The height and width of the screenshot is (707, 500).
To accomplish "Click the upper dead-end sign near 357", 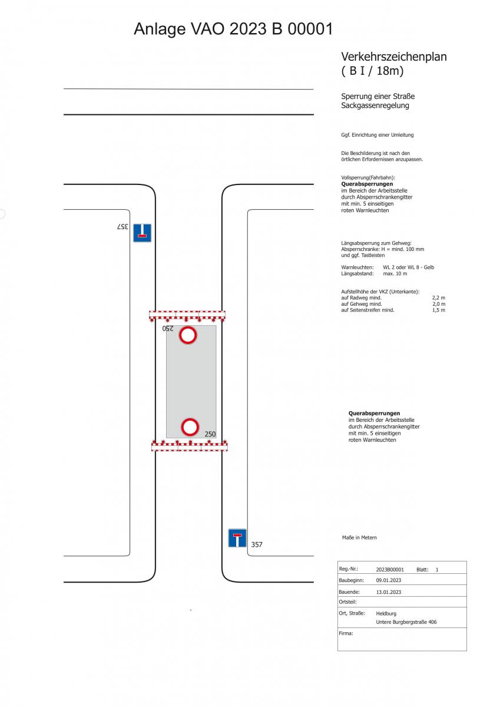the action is [142, 233].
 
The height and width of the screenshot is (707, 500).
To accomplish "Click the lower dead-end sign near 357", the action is [237, 538].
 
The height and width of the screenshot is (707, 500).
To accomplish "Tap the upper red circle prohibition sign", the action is [188, 335].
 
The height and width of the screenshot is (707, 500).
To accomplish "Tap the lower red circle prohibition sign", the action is [190, 427].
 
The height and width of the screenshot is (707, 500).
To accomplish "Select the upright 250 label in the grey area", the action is [210, 434].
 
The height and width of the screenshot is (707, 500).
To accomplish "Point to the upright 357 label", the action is [256, 544].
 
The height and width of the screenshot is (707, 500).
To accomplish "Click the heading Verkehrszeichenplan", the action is [393, 57].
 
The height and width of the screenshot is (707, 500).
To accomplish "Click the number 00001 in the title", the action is [310, 29].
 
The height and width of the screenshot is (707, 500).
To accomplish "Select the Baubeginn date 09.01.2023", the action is [388, 580].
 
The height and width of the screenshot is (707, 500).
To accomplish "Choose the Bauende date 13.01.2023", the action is [388, 592].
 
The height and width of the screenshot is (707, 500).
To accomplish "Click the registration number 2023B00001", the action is [390, 570].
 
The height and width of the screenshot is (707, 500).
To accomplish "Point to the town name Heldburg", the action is [386, 613].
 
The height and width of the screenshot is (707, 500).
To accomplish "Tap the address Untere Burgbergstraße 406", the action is [406, 622].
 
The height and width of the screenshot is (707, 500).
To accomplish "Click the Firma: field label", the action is [346, 633].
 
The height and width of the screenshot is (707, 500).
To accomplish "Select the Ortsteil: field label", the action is [347, 602].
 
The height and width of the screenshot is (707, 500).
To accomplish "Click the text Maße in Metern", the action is [359, 537].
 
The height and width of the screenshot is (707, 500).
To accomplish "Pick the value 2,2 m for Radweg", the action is [439, 298].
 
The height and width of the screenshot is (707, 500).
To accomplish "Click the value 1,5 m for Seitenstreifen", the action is [439, 310].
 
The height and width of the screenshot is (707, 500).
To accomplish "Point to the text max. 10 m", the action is [395, 273].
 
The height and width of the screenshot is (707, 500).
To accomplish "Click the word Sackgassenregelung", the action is [375, 105].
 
